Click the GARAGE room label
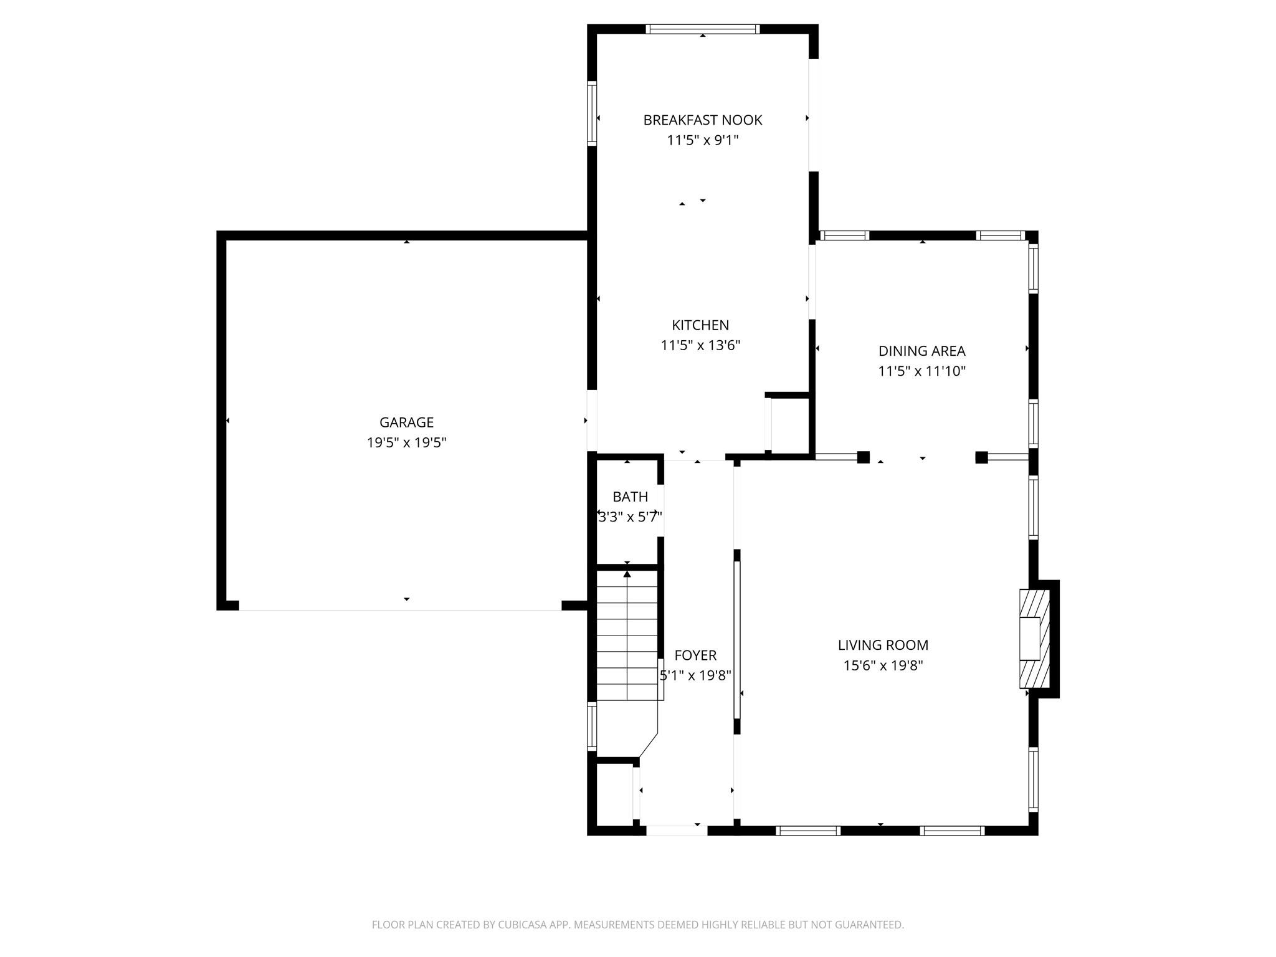pos(406,422)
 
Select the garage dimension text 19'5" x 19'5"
pos(406,443)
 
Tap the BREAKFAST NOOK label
pos(702,120)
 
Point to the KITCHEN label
pos(700,325)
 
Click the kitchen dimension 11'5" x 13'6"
pos(700,345)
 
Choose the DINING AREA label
pos(921,351)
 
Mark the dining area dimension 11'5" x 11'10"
pos(921,371)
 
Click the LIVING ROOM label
pos(883,645)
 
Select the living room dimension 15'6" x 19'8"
pos(883,665)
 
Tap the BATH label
pos(630,497)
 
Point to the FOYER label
pos(695,655)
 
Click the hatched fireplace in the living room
pos(1034,639)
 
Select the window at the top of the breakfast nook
pos(702,29)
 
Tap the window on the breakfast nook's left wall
pos(592,113)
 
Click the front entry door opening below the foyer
pos(676,830)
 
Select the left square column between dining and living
pos(863,457)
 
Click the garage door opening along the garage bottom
pos(400,609)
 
